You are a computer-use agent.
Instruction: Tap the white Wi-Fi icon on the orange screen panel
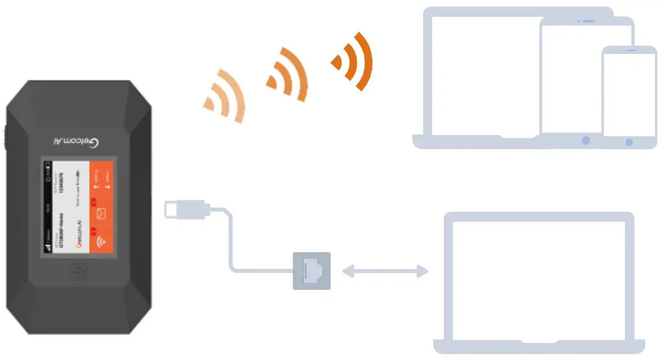point(100,242)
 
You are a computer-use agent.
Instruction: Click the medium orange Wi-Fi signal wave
point(288,74)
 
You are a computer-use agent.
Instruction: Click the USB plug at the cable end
point(185,210)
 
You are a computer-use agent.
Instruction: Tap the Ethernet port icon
point(312,271)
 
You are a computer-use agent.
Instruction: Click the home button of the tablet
point(585,141)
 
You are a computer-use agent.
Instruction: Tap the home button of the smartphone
point(629,142)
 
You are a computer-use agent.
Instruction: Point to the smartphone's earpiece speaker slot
point(629,51)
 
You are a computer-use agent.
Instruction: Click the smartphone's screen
point(629,94)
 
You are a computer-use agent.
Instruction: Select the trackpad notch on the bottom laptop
point(539,342)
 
